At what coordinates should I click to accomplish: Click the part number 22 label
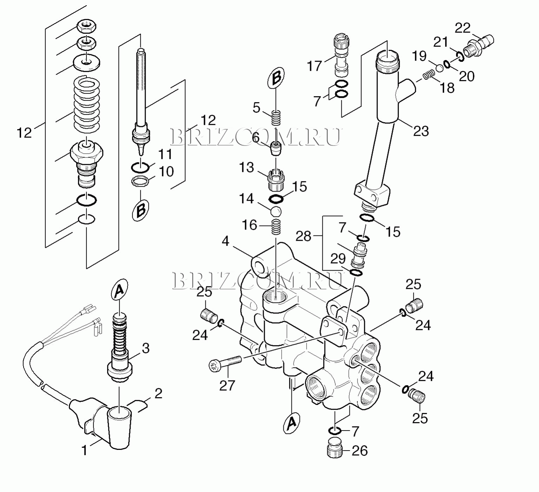[x=462, y=28]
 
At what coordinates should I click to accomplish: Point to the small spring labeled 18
[x=428, y=75]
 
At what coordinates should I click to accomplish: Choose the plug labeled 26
[x=335, y=447]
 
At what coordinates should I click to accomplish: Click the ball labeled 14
[x=276, y=212]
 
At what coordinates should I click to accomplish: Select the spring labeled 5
[x=276, y=118]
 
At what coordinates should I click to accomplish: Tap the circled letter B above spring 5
[x=276, y=78]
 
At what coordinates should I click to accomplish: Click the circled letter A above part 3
[x=119, y=290]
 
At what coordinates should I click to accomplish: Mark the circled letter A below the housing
[x=291, y=423]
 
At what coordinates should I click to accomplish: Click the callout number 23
[x=421, y=131]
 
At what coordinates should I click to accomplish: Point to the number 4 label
[x=225, y=241]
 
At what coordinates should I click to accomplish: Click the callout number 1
[x=84, y=450]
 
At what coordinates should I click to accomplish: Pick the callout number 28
[x=303, y=236]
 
